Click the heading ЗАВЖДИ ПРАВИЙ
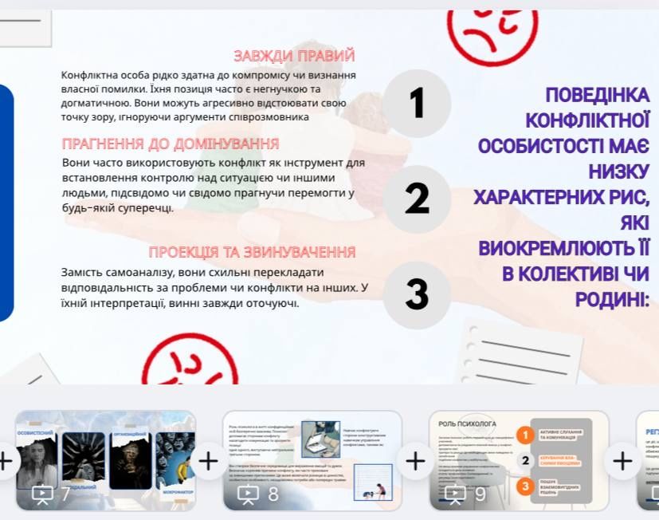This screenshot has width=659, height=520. (294, 56)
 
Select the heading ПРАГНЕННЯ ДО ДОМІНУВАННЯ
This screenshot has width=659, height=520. (171, 144)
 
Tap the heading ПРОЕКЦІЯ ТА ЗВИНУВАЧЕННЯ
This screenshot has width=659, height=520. (252, 252)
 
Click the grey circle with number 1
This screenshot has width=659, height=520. (417, 104)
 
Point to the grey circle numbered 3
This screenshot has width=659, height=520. (417, 294)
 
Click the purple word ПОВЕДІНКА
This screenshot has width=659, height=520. (597, 95)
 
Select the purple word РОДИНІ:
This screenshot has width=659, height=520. (611, 299)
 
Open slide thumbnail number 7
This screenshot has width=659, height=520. (105, 459)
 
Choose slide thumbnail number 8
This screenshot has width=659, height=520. (312, 459)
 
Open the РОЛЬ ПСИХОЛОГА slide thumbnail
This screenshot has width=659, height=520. (519, 459)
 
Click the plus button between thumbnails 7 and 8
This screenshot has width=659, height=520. (208, 460)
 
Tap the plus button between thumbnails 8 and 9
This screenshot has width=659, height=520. (415, 460)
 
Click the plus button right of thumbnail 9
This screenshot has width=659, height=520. (622, 460)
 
